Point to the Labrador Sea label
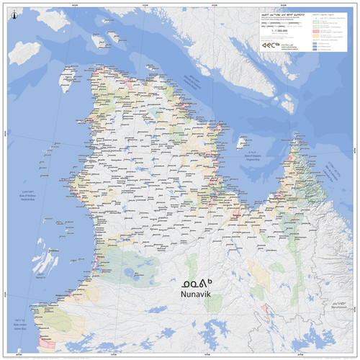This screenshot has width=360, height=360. [x=332, y=172]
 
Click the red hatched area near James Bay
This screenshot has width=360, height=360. [x=48, y=341]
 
